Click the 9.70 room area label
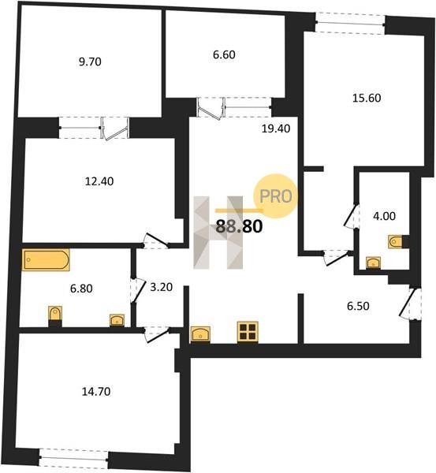90,61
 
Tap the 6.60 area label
224,54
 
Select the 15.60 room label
367,98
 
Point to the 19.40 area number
276,128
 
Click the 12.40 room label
99,181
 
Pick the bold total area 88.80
240,226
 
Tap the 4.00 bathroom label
384,216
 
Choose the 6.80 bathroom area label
81,289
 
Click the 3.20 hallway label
162,287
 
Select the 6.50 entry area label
358,306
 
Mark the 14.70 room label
96,392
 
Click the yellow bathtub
46,259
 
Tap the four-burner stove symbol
248,332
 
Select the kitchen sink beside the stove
200,334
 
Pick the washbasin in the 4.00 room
373,263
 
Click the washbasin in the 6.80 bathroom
117,320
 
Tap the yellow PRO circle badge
275,196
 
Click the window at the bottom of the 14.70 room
74,459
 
